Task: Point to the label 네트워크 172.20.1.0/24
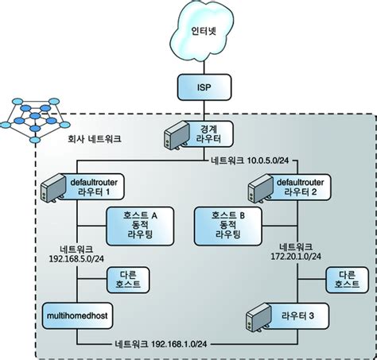pos(297,250)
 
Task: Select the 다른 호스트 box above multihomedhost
pos(130,281)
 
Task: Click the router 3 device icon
pos(255,317)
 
